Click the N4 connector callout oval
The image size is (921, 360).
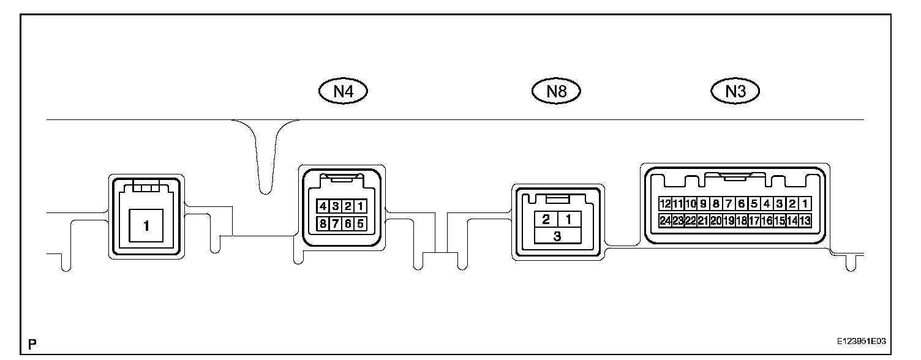342,92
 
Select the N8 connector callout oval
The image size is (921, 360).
555,92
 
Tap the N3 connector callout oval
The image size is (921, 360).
735,92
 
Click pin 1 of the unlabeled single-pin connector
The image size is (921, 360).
146,226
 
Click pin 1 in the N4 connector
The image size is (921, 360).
361,206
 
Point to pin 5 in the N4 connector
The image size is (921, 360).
361,223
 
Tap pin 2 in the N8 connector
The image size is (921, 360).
546,219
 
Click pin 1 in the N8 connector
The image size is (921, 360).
569,219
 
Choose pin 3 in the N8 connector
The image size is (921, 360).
557,236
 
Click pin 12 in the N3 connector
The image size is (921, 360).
665,203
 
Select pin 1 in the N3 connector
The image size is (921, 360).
805,203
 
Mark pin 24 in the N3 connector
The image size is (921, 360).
665,220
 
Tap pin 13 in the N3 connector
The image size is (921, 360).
805,220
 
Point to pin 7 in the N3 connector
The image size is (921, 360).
729,203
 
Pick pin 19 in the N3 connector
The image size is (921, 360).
729,220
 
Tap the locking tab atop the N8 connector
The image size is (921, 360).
557,199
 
